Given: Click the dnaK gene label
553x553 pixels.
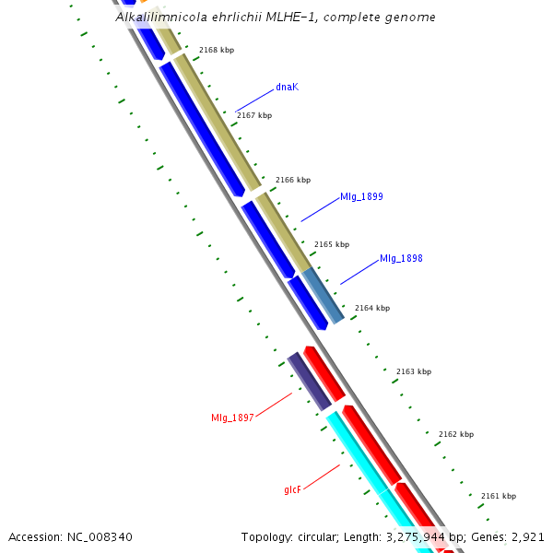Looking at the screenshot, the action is [287, 87].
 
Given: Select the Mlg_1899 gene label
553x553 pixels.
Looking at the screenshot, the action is [361, 196].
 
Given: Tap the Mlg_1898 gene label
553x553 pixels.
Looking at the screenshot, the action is [401, 258].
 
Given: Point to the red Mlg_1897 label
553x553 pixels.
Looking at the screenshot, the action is [232, 418].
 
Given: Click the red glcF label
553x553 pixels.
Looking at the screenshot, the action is [292, 489].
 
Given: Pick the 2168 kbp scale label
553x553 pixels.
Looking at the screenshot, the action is [217, 50].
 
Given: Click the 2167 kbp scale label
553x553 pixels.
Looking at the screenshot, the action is [254, 115].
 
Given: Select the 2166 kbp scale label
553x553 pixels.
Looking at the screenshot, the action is [293, 180].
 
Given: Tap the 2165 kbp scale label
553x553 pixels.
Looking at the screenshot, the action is [332, 244].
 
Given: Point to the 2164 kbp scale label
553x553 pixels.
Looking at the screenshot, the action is [372, 308].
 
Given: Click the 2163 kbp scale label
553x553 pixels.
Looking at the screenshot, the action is [414, 371].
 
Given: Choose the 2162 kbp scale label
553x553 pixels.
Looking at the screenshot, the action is [456, 434].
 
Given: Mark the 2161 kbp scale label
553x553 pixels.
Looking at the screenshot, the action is [499, 496].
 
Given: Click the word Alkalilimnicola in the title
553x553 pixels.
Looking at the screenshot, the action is [158, 17].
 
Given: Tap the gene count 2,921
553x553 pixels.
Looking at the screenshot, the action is [527, 536].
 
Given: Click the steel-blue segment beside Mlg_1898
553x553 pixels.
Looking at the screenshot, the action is [324, 295].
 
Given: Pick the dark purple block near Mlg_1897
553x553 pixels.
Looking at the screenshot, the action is [309, 381].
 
